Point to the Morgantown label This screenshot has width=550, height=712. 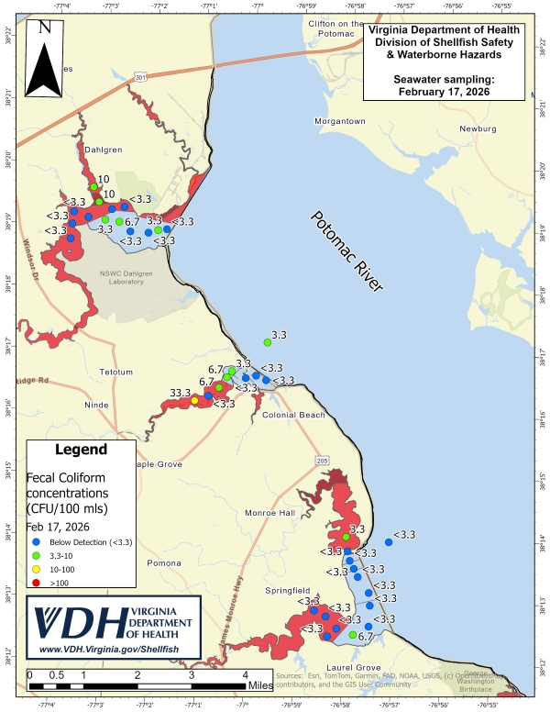click(340, 121)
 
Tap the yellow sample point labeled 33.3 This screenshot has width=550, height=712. click(194, 400)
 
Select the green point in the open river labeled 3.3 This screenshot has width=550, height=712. click(268, 342)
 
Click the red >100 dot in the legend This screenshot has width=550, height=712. click(34, 584)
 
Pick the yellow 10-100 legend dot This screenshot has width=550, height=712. click(34, 570)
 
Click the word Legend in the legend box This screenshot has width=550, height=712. click(82, 450)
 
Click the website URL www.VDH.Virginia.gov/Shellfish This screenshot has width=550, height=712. click(115, 650)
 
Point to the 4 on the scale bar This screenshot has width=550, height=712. click(245, 674)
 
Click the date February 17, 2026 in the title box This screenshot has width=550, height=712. click(444, 92)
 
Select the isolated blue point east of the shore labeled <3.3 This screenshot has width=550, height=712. click(389, 542)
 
